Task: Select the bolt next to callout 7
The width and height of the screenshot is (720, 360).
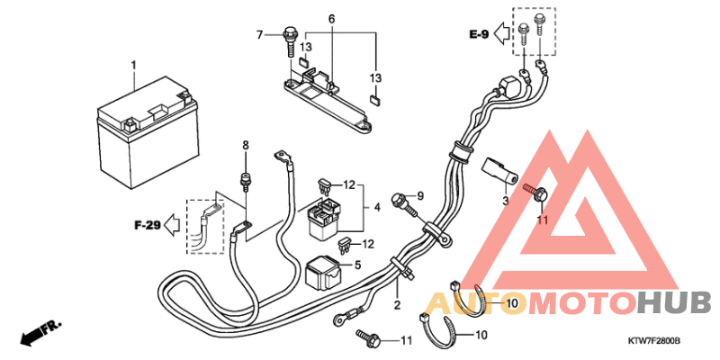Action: pyautogui.click(x=290, y=42)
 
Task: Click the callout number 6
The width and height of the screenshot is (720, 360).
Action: pyautogui.click(x=331, y=19)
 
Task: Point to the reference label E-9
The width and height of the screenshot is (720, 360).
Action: pyautogui.click(x=479, y=34)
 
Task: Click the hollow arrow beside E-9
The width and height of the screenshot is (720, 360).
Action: pyautogui.click(x=502, y=33)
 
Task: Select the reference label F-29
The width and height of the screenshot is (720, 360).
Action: pyautogui.click(x=148, y=226)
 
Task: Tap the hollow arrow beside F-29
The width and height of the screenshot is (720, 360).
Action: pyautogui.click(x=172, y=225)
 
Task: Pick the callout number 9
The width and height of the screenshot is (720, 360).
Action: pyautogui.click(x=419, y=196)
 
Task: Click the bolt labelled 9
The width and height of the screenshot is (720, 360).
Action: pyautogui.click(x=404, y=205)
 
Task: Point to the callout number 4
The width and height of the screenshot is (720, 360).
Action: pyautogui.click(x=377, y=208)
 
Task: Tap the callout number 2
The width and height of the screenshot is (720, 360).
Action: pyautogui.click(x=397, y=304)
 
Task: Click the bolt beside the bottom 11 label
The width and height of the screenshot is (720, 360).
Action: pyautogui.click(x=369, y=338)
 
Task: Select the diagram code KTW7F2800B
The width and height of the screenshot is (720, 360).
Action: pyautogui.click(x=654, y=342)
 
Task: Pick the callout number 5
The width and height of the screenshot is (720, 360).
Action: pyautogui.click(x=357, y=265)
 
